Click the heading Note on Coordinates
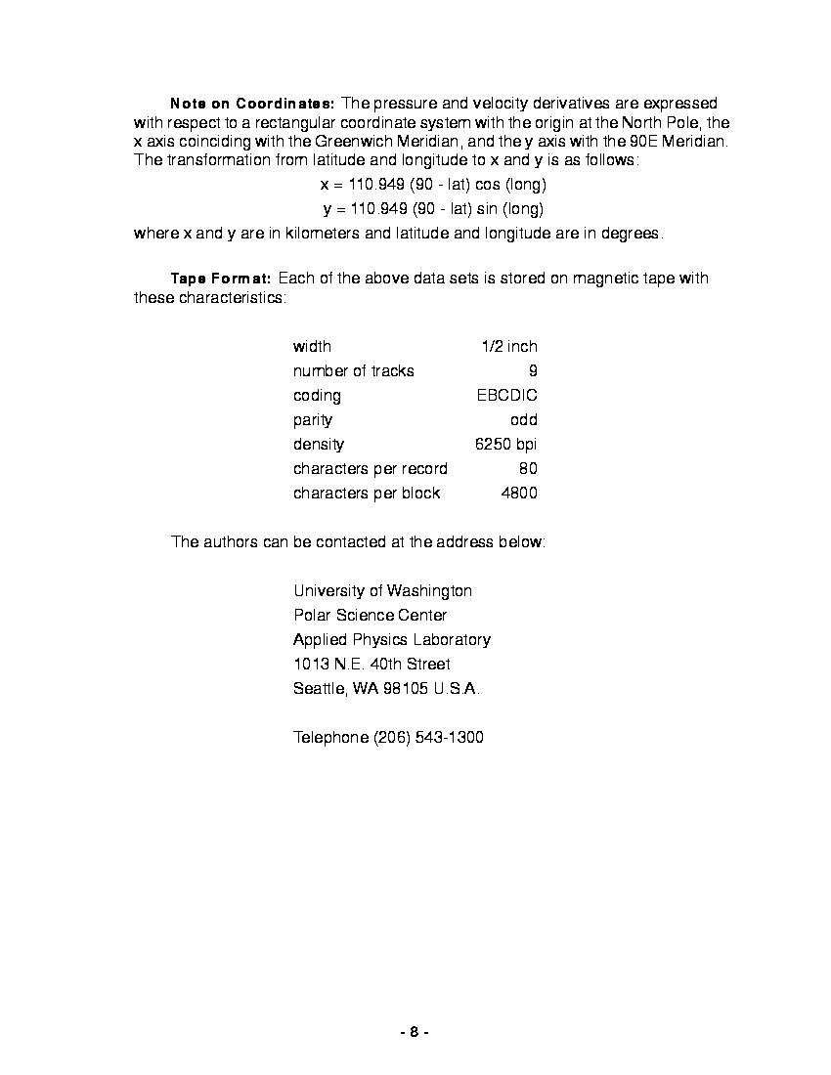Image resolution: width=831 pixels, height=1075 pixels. tap(253, 104)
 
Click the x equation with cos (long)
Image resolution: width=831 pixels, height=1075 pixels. tap(433, 185)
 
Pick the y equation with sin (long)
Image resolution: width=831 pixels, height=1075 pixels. tap(433, 209)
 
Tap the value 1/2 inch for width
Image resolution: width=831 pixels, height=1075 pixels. tap(508, 347)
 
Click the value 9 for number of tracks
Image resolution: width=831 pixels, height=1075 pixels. tap(533, 371)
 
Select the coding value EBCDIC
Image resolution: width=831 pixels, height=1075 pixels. tap(506, 396)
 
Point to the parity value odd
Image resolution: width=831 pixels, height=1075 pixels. tap(523, 420)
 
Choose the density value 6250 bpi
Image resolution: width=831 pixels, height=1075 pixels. tap(505, 445)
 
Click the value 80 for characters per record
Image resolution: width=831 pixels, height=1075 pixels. tap(528, 469)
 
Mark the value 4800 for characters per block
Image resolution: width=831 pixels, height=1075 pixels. tap(518, 494)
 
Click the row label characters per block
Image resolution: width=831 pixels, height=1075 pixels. tap(367, 494)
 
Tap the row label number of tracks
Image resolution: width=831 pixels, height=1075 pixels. tap(353, 371)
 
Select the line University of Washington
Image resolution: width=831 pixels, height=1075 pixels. tap(382, 591)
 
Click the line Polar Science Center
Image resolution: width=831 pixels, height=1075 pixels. tap(370, 616)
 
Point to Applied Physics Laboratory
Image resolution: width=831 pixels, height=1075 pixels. tap(391, 640)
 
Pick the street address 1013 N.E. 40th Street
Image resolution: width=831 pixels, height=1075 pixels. tap(372, 665)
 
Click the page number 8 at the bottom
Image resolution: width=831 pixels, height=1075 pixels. tap(415, 1032)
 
